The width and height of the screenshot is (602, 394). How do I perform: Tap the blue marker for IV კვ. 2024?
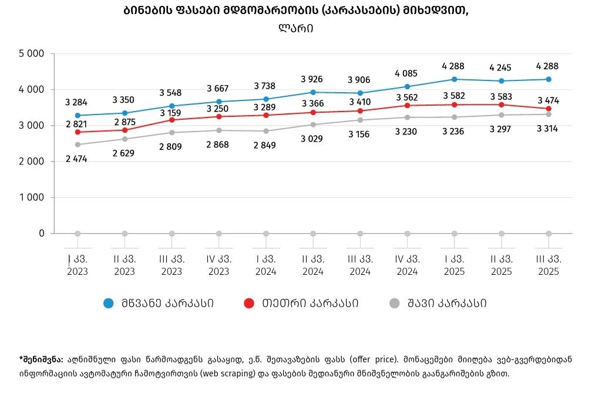coord(407,86)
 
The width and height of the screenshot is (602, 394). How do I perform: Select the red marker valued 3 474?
coord(548,109)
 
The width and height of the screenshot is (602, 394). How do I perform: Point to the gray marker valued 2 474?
coord(77,144)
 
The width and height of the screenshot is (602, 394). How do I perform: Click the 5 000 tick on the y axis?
coord(33,54)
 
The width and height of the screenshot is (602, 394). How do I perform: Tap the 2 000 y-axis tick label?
coord(33,161)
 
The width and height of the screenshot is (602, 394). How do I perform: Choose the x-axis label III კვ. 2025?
coord(548,265)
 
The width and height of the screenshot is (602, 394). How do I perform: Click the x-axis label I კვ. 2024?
coord(265,265)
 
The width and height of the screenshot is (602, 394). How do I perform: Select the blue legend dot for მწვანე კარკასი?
coord(108,303)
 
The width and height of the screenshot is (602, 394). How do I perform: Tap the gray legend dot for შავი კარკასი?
coord(395,303)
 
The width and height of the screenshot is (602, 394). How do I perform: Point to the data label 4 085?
coord(406,73)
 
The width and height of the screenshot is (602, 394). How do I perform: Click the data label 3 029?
coord(312,139)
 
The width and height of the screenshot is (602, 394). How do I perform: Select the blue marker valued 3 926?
coord(312,92)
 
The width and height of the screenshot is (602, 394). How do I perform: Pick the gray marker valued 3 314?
coord(548,115)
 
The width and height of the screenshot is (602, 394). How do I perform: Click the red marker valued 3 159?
coord(171,120)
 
